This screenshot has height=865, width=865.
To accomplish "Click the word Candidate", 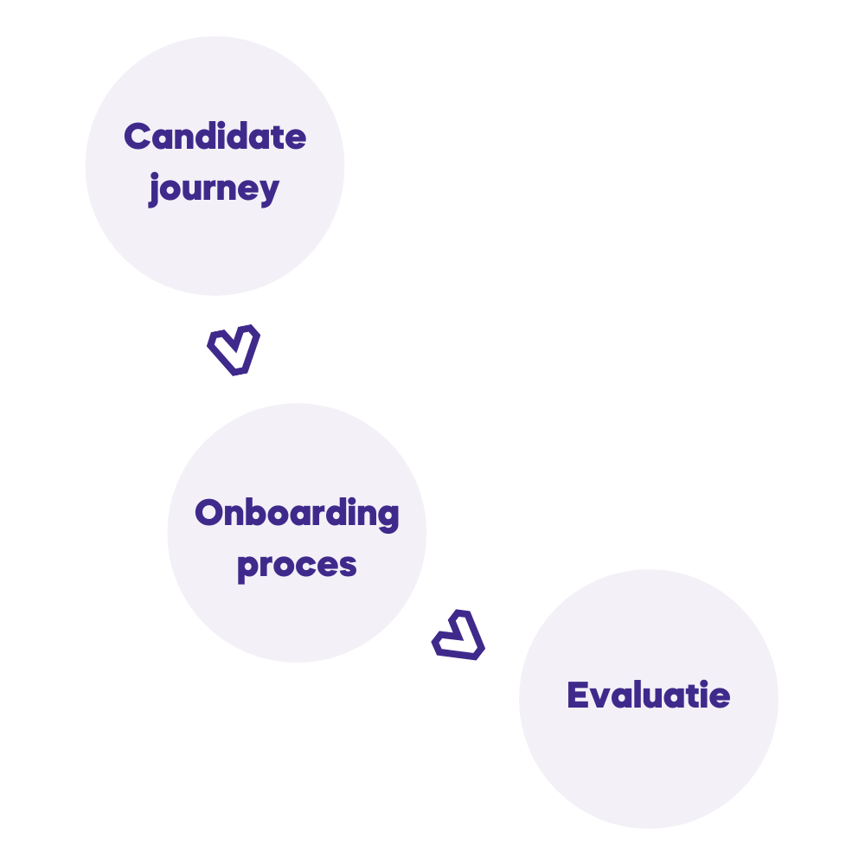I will tap(215, 137).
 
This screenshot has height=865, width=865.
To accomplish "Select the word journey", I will tap(214, 188).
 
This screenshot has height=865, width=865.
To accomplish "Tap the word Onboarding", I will tap(297, 513).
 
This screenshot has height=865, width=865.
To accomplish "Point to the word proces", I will tap(297, 565).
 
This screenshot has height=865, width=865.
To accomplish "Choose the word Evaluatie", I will tap(648, 695).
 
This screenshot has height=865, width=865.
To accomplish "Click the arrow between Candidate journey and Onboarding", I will tap(234, 349).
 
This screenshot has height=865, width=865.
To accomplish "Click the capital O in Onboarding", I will tap(210, 513).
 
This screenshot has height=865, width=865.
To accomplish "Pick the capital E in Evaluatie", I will tap(578, 695).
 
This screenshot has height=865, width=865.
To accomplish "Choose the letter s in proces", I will tap(348, 566).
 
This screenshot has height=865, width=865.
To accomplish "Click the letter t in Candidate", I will tap(277, 137).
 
